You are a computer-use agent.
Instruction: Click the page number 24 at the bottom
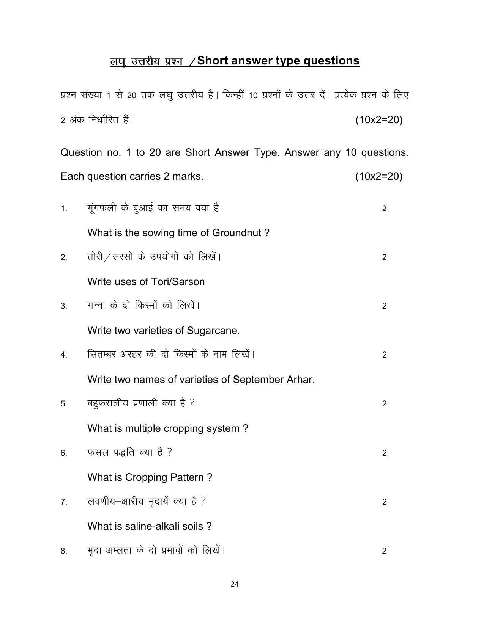pos(235,584)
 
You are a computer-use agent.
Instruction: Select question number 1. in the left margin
pos(64,209)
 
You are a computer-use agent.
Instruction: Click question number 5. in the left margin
pos(64,404)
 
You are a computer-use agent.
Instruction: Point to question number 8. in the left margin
pos(64,551)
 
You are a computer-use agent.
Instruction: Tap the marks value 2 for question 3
pos(384,306)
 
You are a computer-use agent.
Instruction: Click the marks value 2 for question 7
pos(384,502)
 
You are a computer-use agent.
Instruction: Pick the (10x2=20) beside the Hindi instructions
pos(379,120)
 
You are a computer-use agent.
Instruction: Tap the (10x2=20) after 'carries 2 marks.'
pos(379,176)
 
